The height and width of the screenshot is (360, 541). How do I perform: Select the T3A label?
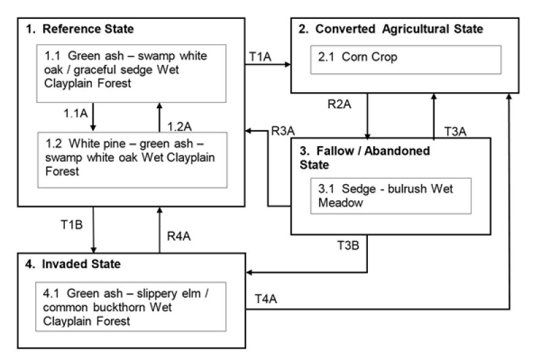(455, 130)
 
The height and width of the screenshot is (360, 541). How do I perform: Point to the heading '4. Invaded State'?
(74, 263)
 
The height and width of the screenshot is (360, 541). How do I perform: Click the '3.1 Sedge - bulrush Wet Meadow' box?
(380, 196)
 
